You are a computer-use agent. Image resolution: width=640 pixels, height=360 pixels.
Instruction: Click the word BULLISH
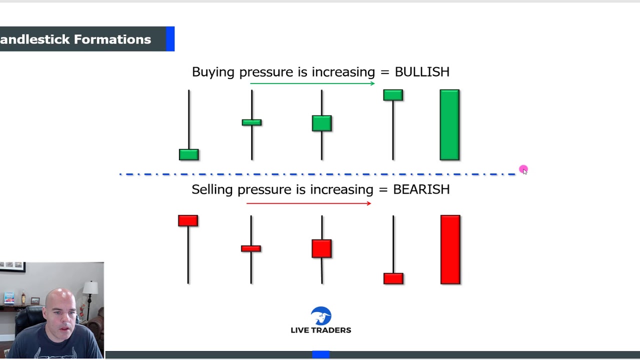pyautogui.click(x=422, y=71)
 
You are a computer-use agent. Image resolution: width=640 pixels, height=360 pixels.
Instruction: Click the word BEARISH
pyautogui.click(x=421, y=189)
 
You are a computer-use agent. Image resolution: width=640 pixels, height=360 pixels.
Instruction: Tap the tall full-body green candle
pyautogui.click(x=449, y=125)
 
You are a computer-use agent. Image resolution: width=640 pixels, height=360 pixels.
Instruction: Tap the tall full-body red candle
pyautogui.click(x=450, y=249)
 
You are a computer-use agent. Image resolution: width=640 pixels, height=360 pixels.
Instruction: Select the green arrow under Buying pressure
pyautogui.click(x=312, y=83)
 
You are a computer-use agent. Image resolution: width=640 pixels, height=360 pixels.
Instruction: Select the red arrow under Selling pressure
pyautogui.click(x=309, y=203)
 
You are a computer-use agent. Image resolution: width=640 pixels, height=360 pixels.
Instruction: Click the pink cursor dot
pyautogui.click(x=523, y=169)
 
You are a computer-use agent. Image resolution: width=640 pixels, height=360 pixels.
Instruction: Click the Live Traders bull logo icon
pyautogui.click(x=321, y=315)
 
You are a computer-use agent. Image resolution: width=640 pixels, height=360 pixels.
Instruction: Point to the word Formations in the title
pyautogui.click(x=112, y=39)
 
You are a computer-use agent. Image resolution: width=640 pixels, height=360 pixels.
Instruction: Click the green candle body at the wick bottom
pyautogui.click(x=189, y=154)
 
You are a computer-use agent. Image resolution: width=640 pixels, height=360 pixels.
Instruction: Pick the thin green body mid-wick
pyautogui.click(x=251, y=122)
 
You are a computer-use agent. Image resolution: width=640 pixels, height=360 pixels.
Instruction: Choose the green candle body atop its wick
pyautogui.click(x=393, y=95)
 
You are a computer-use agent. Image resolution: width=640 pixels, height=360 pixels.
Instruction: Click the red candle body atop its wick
pyautogui.click(x=188, y=221)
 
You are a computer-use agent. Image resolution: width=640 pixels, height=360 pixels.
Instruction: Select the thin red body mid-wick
pyautogui.click(x=251, y=248)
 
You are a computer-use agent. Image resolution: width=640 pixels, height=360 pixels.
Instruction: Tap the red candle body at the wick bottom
pyautogui.click(x=393, y=278)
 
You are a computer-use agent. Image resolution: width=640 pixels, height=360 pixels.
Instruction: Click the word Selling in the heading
pyautogui.click(x=212, y=190)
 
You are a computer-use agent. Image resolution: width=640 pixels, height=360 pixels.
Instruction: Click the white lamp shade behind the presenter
pyautogui.click(x=90, y=287)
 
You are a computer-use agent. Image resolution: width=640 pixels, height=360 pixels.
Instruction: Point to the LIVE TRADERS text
pyautogui.click(x=321, y=330)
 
